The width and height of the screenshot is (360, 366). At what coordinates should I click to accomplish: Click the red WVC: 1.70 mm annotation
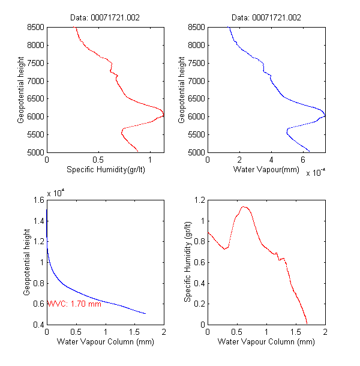pyautogui.click(x=74, y=304)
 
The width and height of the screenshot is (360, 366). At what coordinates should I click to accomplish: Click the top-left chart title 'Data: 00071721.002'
pyautogui.click(x=105, y=18)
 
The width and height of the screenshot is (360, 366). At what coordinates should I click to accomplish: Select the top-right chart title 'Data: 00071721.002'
pyautogui.click(x=266, y=18)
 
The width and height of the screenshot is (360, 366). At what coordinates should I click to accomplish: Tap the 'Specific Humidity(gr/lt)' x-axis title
pyautogui.click(x=105, y=169)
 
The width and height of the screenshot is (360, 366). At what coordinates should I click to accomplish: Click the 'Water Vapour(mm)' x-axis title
pyautogui.click(x=266, y=169)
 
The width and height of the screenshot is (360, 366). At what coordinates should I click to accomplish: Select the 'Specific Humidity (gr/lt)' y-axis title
pyautogui.click(x=187, y=262)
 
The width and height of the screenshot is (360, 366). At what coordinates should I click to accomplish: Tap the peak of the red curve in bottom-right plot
pyautogui.click(x=244, y=207)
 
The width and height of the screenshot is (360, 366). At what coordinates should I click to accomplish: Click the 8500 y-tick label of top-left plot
pyautogui.click(x=34, y=27)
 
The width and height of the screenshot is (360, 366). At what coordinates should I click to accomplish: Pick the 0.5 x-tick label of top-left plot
pyautogui.click(x=106, y=160)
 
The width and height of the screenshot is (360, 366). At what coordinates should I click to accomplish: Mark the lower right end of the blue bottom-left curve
pyautogui.click(x=146, y=313)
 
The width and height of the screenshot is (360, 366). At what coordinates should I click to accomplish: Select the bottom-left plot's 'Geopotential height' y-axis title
pyautogui.click(x=27, y=262)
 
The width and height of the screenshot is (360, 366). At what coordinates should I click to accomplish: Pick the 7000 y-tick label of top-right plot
pyautogui.click(x=195, y=81)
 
